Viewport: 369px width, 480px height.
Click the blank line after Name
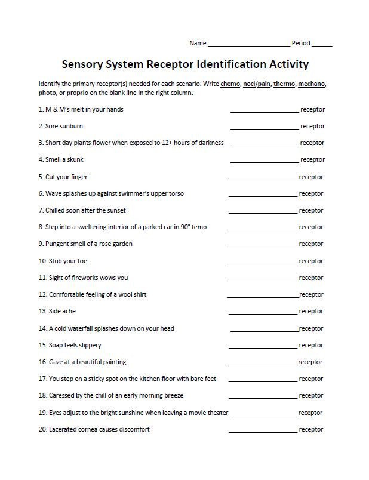(x=248, y=45)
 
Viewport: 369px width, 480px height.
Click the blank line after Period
(x=322, y=45)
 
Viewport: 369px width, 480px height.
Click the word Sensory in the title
(x=87, y=64)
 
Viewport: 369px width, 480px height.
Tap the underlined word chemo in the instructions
(x=229, y=84)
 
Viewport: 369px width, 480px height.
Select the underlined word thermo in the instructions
(x=284, y=84)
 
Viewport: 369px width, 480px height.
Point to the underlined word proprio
(x=77, y=93)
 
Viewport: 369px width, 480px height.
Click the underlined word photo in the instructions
(x=47, y=93)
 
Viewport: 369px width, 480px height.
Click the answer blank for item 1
(x=264, y=111)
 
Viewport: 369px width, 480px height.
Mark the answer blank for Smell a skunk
(x=264, y=161)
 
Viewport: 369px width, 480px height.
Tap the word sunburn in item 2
(x=72, y=127)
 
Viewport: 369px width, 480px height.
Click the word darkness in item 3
(x=210, y=143)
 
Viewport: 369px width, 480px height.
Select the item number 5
(x=41, y=177)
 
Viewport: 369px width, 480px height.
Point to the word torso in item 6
(x=176, y=194)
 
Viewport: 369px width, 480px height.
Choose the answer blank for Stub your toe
(x=263, y=263)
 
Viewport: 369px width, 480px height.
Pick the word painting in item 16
(x=113, y=362)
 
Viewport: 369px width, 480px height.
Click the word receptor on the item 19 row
(x=310, y=413)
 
